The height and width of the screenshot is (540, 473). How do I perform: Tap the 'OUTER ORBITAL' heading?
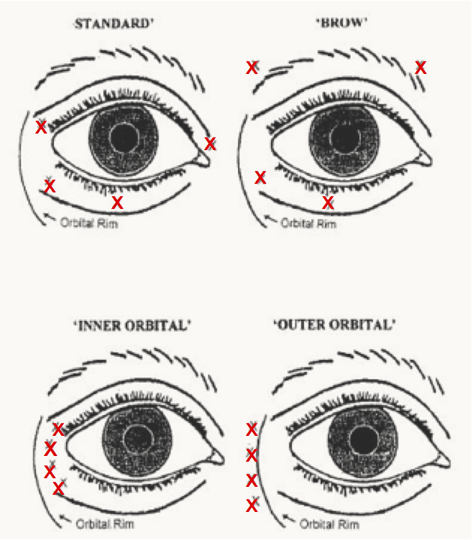335,325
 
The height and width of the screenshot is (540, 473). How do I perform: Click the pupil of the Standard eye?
124,138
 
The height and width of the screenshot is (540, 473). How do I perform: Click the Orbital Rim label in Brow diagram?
308,223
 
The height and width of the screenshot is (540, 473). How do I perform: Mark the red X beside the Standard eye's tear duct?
210,144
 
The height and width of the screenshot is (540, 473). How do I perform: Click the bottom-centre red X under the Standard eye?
117,202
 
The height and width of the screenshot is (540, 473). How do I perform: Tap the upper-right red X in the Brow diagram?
421,67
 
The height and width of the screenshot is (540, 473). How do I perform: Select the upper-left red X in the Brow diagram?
252,67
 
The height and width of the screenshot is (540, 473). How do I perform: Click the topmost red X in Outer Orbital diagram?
252,429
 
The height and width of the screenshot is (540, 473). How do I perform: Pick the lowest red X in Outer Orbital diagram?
252,506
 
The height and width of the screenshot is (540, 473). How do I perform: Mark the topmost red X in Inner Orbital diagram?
58,429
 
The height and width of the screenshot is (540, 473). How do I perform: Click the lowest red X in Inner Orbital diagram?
58,489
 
